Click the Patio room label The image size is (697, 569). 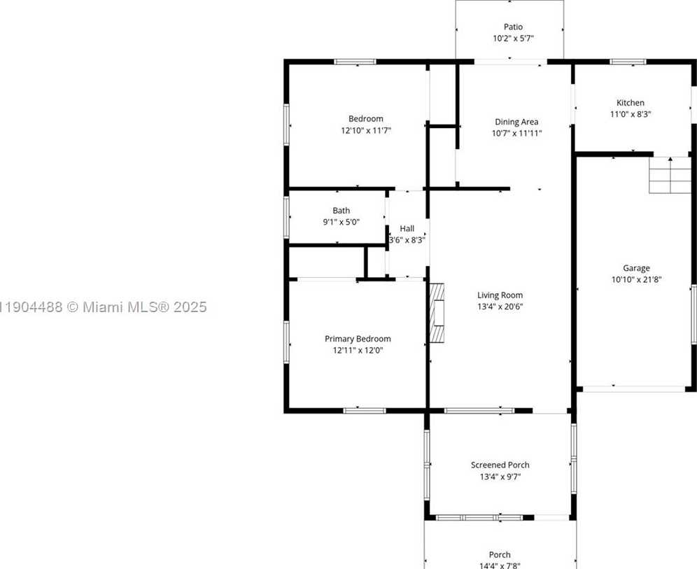pyautogui.click(x=513, y=27)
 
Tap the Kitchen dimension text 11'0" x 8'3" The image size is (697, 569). pyautogui.click(x=630, y=114)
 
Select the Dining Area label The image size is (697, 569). pyautogui.click(x=516, y=122)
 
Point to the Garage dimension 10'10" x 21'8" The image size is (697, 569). pyautogui.click(x=636, y=279)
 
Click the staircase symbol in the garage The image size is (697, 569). pyautogui.click(x=670, y=175)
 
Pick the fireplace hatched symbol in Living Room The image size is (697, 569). pyautogui.click(x=437, y=313)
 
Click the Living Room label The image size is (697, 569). pyautogui.click(x=500, y=295)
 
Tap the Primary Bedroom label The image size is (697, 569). pyautogui.click(x=358, y=339)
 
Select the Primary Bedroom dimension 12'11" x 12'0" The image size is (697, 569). pyautogui.click(x=358, y=351)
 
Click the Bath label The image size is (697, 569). pyautogui.click(x=342, y=211)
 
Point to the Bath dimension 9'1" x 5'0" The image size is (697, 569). pyautogui.click(x=342, y=222)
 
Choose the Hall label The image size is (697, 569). pyautogui.click(x=407, y=228)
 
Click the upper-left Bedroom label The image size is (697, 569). pyautogui.click(x=366, y=119)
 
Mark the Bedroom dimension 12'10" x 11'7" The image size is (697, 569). pyautogui.click(x=366, y=130)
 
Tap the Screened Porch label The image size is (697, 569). pyautogui.click(x=500, y=465)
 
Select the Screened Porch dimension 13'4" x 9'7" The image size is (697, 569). pyautogui.click(x=500, y=477)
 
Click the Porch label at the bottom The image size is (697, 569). pyautogui.click(x=500, y=555)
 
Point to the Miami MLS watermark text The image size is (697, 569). pyautogui.click(x=104, y=307)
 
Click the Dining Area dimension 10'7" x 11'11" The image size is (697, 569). pyautogui.click(x=516, y=133)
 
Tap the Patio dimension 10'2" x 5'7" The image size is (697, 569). pyautogui.click(x=513, y=38)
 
